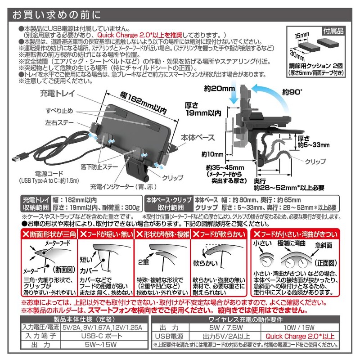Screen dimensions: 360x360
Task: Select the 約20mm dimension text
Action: [216, 89]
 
